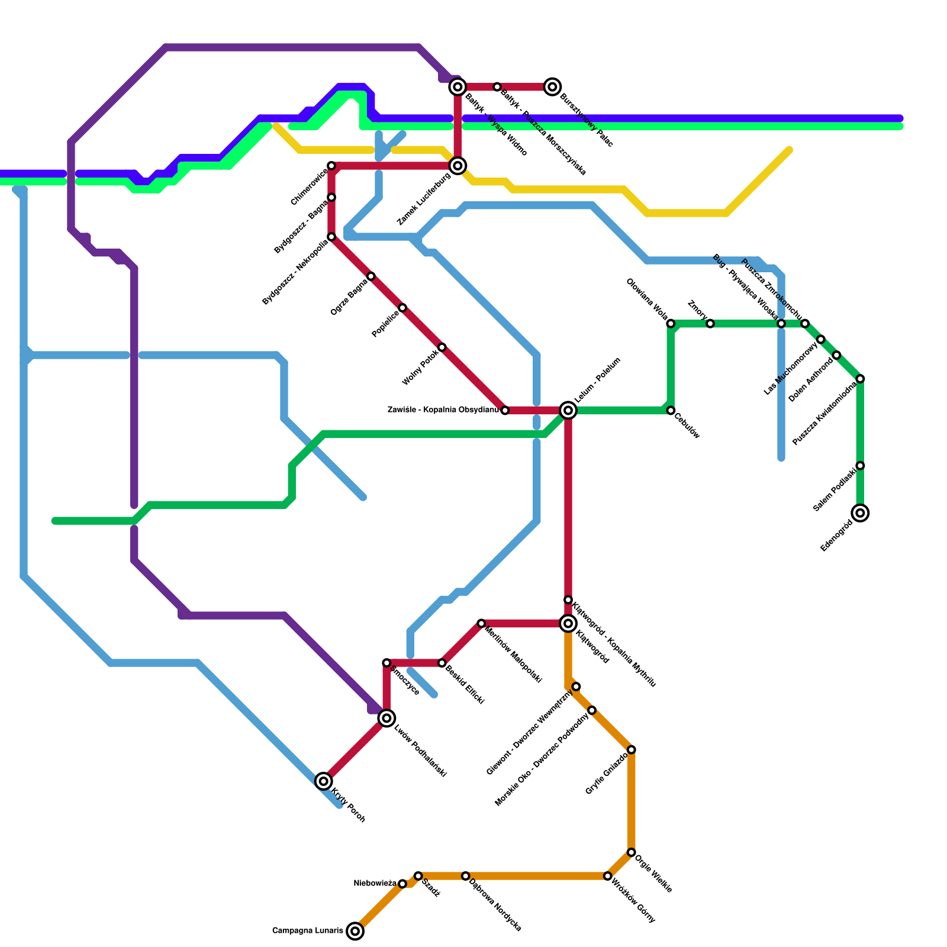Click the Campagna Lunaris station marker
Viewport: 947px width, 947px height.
click(355, 931)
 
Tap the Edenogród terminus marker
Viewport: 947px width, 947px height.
click(861, 513)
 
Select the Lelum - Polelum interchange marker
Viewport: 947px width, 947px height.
click(568, 410)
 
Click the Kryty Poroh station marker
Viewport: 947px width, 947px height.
click(323, 781)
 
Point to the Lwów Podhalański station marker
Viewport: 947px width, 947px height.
click(386, 719)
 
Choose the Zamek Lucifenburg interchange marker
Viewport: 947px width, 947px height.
click(458, 166)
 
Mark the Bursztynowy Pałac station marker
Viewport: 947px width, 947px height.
click(553, 87)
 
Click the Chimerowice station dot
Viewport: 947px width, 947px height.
click(331, 166)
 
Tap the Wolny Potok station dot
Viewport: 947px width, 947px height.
click(442, 347)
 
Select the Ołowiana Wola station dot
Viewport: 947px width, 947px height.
click(671, 324)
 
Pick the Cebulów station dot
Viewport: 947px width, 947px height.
click(671, 410)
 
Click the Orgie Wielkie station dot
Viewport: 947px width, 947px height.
click(632, 852)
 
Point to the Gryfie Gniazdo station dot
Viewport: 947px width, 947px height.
click(632, 750)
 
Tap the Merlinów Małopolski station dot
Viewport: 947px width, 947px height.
click(481, 623)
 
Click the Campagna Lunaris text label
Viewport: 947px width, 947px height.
click(307, 931)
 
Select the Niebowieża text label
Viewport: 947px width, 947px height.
click(375, 884)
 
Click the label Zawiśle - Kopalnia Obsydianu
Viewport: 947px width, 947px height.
click(443, 410)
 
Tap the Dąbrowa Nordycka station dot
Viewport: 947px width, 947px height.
click(466, 876)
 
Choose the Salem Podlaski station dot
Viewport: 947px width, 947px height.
click(861, 466)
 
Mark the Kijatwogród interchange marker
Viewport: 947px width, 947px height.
click(568, 623)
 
